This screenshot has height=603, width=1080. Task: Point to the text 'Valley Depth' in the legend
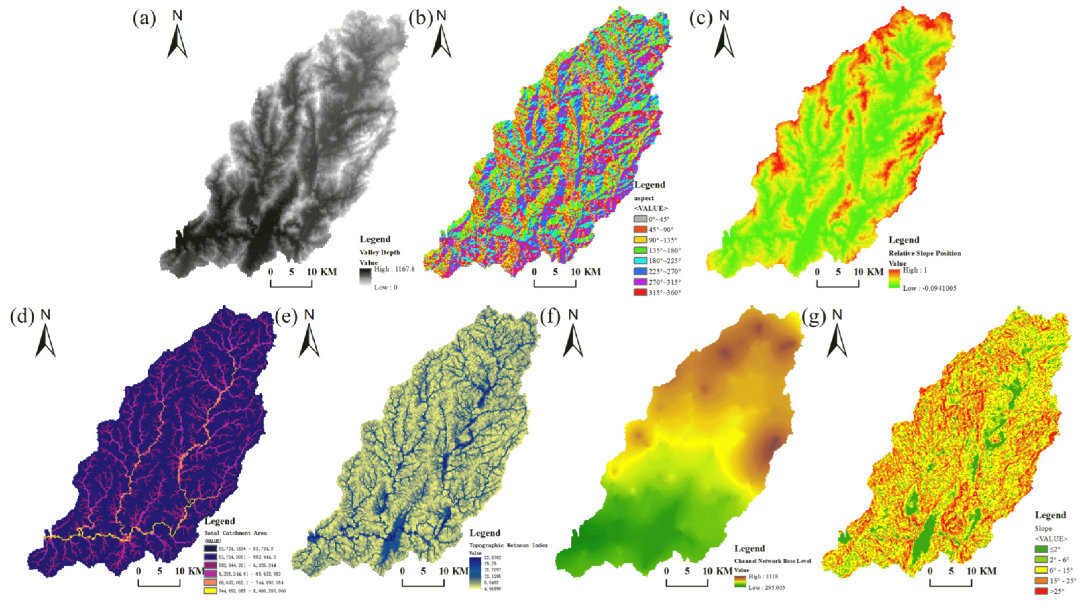380,252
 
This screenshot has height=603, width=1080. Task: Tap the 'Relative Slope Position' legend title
924,253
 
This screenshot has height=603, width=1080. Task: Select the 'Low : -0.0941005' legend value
929,288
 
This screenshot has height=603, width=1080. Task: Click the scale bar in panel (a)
291,283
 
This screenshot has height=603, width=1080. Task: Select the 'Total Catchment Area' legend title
235,533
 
